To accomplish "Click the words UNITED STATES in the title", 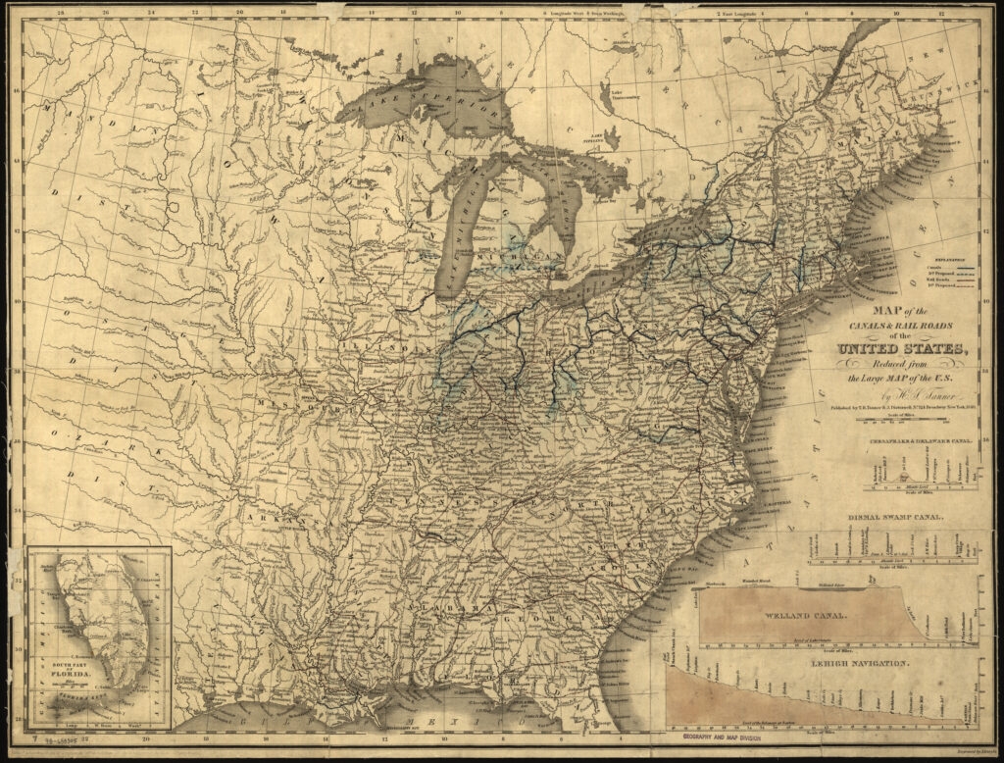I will pyautogui.click(x=901, y=350).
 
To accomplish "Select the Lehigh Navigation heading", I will pyautogui.click(x=861, y=664).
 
